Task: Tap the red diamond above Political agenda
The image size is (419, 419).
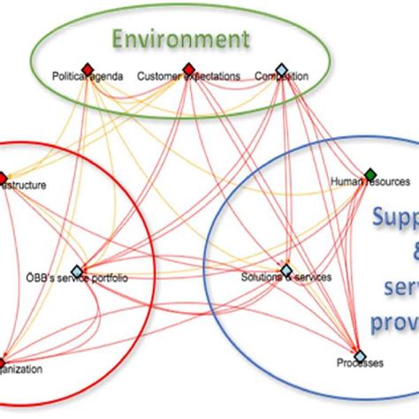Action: pyautogui.click(x=87, y=68)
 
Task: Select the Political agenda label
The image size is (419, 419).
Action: pyautogui.click(x=88, y=78)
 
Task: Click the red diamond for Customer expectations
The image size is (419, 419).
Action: pyautogui.click(x=188, y=68)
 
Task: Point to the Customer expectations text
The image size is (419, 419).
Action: pyautogui.click(x=188, y=78)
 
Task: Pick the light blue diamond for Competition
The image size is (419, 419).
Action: pyautogui.click(x=281, y=68)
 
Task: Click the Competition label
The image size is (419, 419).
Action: pyautogui.click(x=281, y=78)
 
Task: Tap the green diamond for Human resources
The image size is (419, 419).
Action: pyautogui.click(x=369, y=173)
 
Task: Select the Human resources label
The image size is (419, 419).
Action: pyautogui.click(x=369, y=183)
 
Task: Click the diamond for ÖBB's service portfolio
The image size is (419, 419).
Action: pyautogui.click(x=77, y=270)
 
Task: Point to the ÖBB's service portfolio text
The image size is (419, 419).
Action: pyautogui.click(x=77, y=280)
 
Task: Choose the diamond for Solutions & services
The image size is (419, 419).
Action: pyautogui.click(x=286, y=270)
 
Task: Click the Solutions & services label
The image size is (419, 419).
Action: pyautogui.click(x=286, y=278)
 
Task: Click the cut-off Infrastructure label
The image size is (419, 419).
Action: pyautogui.click(x=23, y=186)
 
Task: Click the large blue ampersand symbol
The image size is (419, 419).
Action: pyautogui.click(x=404, y=253)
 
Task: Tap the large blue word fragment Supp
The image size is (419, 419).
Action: pyautogui.click(x=394, y=217)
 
